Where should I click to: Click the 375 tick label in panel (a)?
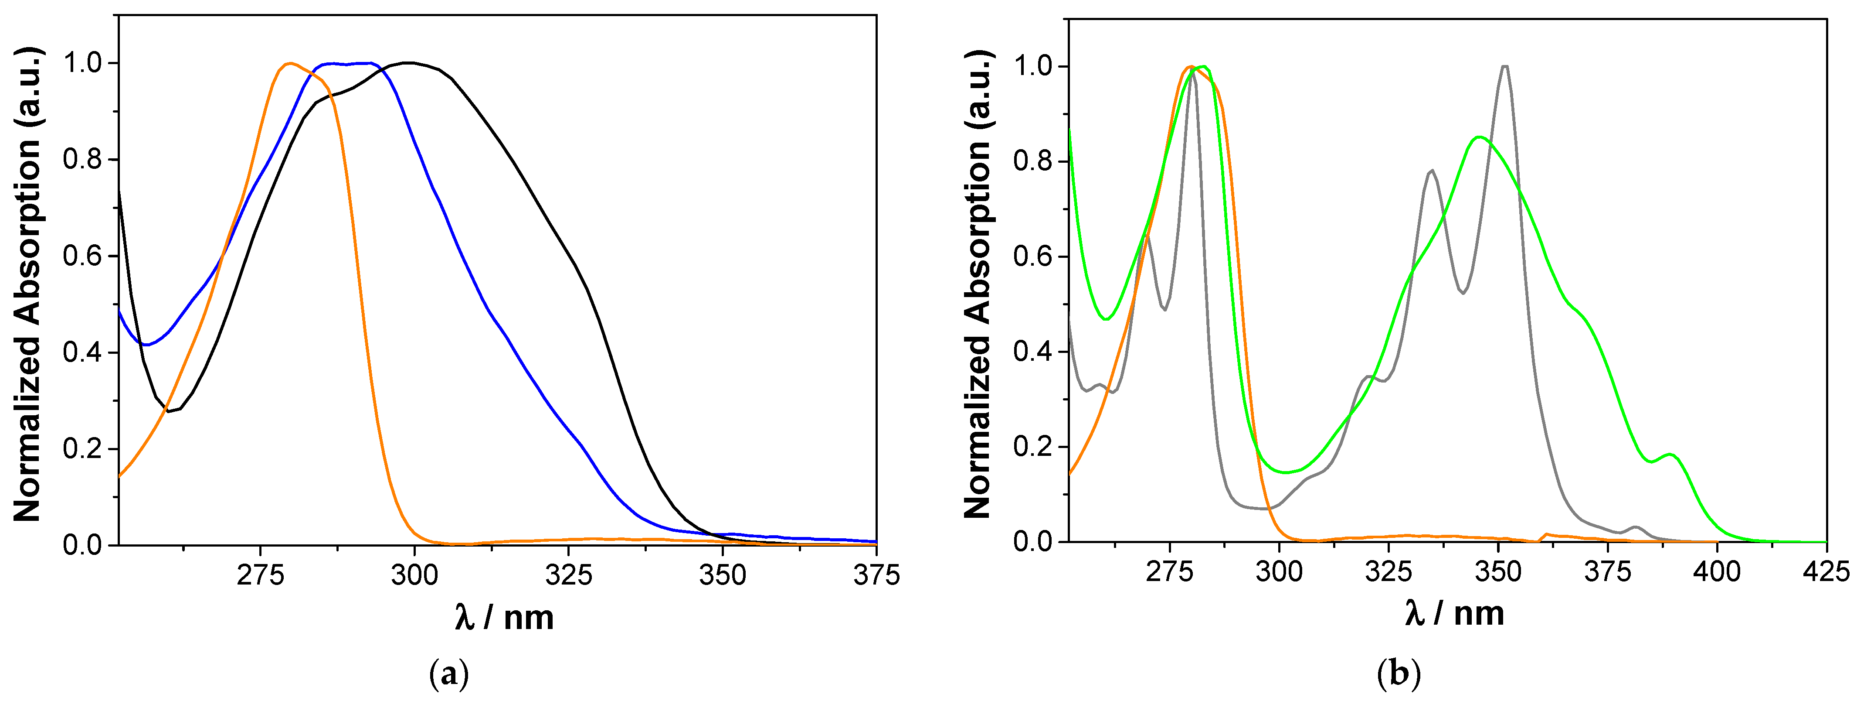tap(876, 575)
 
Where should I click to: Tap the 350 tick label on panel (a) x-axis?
tap(722, 575)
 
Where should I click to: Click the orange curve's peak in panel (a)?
tap(290, 63)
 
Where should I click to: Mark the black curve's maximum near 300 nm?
tap(409, 63)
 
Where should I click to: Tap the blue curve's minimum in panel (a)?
tap(146, 345)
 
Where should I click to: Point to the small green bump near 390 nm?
tap(1670, 455)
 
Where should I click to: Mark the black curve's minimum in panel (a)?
tap(170, 412)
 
